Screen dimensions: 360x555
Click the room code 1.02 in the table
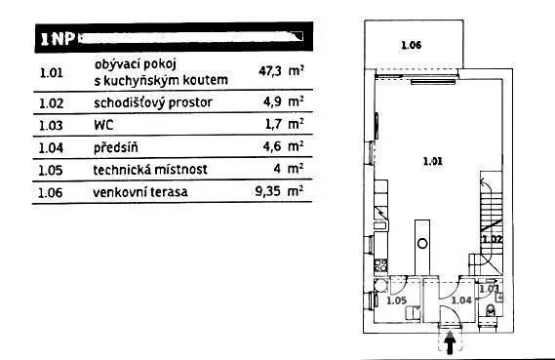click(x=51, y=101)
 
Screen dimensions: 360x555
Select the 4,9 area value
click(x=274, y=101)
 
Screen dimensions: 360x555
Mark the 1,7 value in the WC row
click(x=274, y=124)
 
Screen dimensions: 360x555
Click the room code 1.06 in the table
click(x=51, y=192)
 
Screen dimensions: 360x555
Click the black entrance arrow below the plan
click(x=451, y=341)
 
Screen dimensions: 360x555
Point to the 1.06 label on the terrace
click(x=411, y=46)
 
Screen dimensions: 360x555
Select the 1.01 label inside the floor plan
click(x=432, y=161)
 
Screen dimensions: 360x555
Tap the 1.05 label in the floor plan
click(x=396, y=300)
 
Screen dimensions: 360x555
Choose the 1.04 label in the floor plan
click(x=460, y=300)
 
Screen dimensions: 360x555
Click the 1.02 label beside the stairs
click(x=491, y=239)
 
